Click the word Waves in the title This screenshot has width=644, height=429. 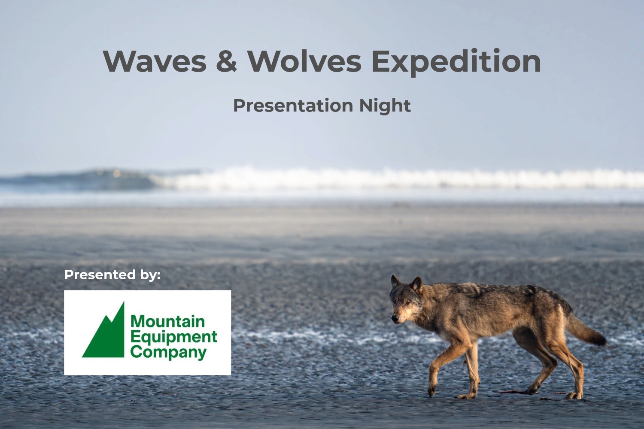[155, 61]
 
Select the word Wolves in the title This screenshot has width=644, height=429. [304, 61]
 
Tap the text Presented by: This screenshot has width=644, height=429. [112, 275]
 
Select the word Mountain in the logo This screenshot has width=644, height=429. [168, 321]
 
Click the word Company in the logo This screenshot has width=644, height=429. [169, 353]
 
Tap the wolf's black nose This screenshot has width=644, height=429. [395, 318]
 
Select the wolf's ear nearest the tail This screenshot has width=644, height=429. [416, 285]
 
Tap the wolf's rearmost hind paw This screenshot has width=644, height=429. [574, 396]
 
